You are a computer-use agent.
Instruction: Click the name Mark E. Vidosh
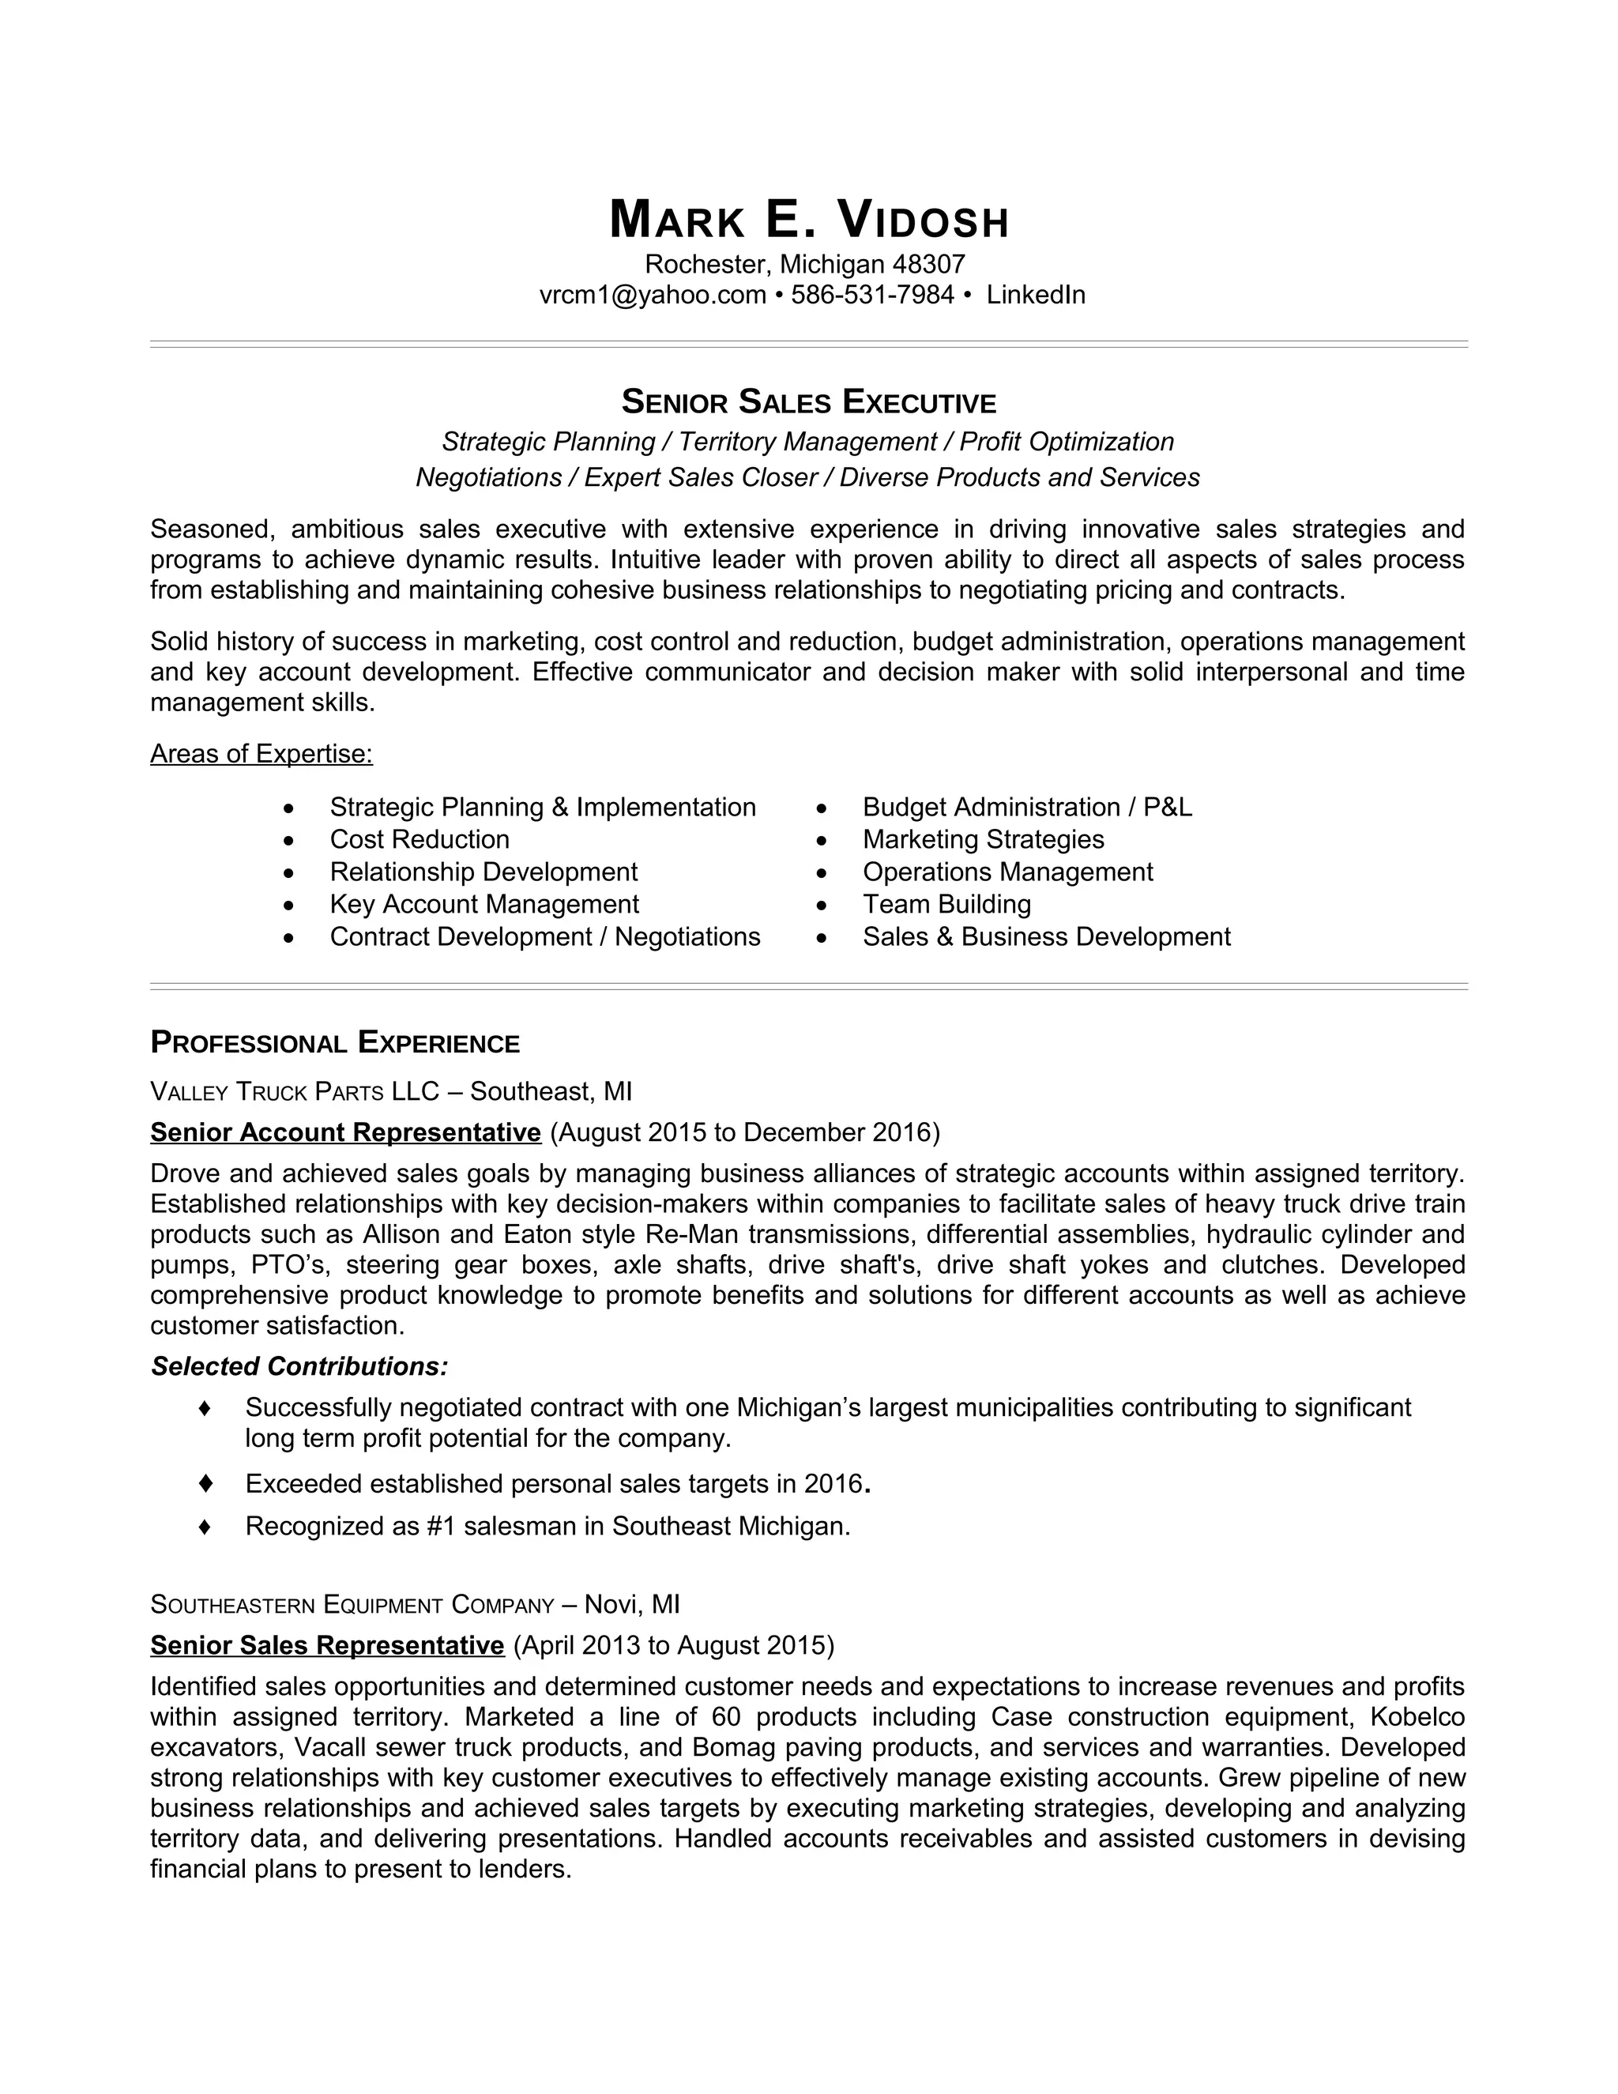(x=809, y=220)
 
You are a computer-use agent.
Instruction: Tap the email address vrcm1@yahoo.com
(x=652, y=295)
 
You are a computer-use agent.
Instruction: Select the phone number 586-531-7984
(x=872, y=295)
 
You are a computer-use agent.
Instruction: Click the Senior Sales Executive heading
(x=809, y=401)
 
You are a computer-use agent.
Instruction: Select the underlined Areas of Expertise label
(x=261, y=754)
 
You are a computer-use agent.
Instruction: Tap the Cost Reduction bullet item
(x=419, y=839)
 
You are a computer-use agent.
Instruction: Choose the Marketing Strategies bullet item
(x=983, y=839)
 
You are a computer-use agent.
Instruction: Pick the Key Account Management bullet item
(x=484, y=904)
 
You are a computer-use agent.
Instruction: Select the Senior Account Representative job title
(x=345, y=1132)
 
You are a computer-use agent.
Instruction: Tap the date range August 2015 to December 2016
(x=745, y=1132)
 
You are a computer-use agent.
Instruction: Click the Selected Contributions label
(x=299, y=1366)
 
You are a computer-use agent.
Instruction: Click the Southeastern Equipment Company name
(x=352, y=1604)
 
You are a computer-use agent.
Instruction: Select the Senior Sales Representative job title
(x=327, y=1645)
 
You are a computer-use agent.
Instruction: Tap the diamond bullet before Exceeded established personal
(x=204, y=1483)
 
